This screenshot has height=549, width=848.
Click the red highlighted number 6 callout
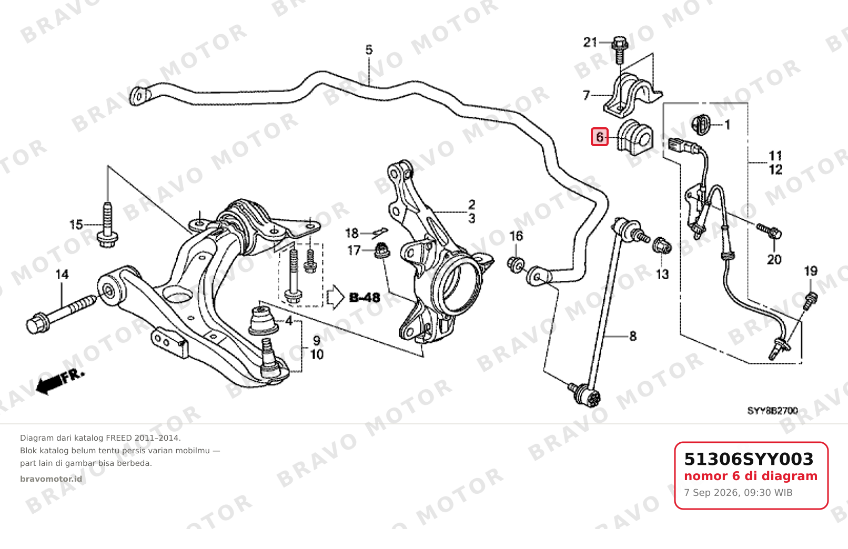600,137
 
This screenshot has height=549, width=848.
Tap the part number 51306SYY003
749,459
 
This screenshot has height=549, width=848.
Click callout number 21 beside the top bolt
590,42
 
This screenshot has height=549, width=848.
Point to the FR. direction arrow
60,381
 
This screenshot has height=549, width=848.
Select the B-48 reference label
364,298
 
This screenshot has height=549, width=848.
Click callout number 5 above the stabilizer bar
369,49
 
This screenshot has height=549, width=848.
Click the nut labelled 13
662,246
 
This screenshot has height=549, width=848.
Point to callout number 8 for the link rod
633,336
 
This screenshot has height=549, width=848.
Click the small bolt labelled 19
810,301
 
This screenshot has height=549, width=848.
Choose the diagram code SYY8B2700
773,411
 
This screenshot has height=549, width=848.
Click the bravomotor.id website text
51,479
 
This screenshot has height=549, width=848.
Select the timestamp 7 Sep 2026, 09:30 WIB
738,493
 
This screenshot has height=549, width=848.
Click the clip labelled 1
700,124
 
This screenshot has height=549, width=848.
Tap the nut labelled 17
382,251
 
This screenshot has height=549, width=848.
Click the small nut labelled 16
516,263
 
